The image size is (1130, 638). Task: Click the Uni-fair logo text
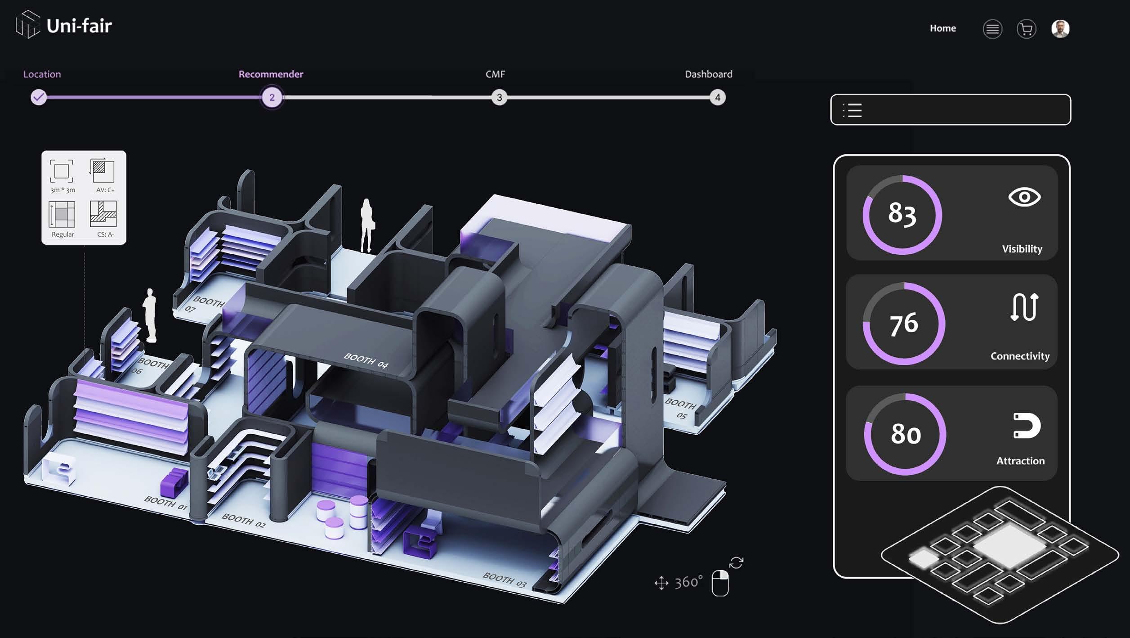tap(79, 26)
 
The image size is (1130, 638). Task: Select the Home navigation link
tap(942, 28)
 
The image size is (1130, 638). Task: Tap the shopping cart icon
tap(1026, 29)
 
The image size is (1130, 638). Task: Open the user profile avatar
tap(1060, 29)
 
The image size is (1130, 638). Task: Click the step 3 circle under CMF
tap(499, 97)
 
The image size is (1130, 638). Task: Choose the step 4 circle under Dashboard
tap(717, 97)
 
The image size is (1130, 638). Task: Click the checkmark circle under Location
tap(39, 97)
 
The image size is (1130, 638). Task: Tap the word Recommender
tap(271, 74)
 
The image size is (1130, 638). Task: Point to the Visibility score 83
tap(902, 213)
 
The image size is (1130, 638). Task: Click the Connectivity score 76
tap(903, 324)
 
